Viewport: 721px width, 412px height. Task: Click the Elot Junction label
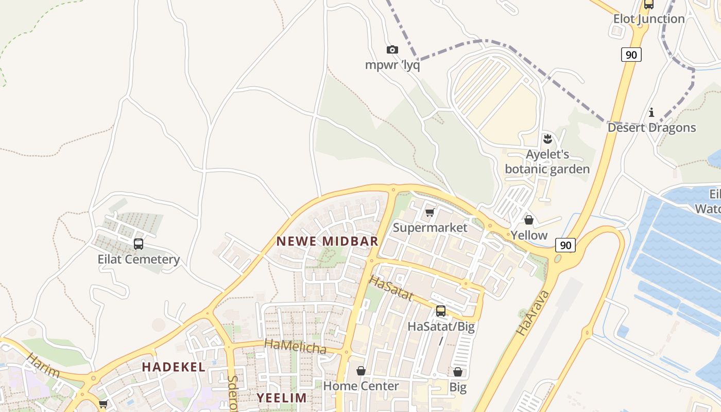649,19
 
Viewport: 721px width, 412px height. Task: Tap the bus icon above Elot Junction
649,5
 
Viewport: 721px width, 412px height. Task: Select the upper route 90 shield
631,55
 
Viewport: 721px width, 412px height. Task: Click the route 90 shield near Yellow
565,245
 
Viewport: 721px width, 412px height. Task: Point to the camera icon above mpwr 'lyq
392,50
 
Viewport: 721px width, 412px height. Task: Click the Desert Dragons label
651,128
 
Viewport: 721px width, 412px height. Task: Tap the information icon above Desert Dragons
651,112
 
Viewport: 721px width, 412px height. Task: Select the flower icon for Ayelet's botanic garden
547,139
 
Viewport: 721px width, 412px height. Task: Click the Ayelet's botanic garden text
547,162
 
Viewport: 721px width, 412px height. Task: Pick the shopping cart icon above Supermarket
430,213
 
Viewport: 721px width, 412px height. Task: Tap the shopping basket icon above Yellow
529,220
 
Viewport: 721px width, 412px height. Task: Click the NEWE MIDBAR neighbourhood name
328,241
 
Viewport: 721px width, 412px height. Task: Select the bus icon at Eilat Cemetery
138,244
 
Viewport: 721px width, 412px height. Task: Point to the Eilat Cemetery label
139,259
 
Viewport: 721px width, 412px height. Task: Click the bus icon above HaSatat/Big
441,311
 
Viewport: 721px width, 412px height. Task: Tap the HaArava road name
533,313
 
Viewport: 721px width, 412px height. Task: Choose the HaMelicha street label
295,346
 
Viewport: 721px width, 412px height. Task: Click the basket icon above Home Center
361,371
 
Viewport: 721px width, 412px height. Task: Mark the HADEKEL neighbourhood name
174,367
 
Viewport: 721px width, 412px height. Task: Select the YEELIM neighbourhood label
282,398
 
